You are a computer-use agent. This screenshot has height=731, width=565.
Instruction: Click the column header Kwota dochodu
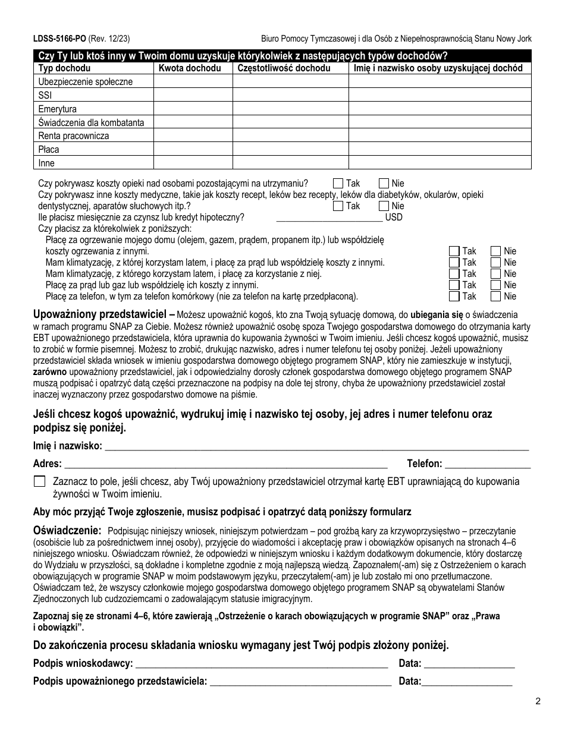(190, 68)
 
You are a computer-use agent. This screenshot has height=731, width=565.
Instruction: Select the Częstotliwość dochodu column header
(284, 68)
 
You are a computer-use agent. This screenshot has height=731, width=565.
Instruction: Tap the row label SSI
(45, 95)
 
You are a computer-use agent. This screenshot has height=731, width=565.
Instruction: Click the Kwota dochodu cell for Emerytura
(193, 109)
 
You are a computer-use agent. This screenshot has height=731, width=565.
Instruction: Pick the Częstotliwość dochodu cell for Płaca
(290, 149)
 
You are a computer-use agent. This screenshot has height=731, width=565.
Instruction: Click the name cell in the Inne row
(439, 163)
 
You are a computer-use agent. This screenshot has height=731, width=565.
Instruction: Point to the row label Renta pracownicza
(74, 136)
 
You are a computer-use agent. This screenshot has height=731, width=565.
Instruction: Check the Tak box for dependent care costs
(338, 184)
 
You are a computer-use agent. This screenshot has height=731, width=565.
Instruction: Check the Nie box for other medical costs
(384, 206)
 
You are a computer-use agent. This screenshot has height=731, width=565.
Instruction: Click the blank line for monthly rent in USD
(329, 217)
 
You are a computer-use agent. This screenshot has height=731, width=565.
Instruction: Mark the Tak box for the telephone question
(454, 296)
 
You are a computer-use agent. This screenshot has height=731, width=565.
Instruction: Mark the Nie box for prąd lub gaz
(495, 285)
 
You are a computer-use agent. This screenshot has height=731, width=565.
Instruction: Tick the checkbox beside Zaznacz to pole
(40, 481)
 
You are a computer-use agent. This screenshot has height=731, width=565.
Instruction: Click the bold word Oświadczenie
(67, 530)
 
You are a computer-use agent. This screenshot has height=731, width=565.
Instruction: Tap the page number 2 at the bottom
(537, 701)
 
